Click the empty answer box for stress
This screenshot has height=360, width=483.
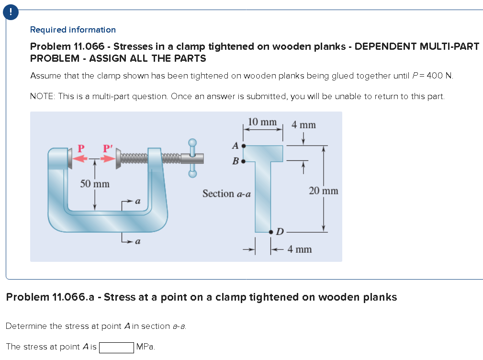pyautogui.click(x=116, y=347)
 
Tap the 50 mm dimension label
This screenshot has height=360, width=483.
pyautogui.click(x=94, y=184)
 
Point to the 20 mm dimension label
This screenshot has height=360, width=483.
pyautogui.click(x=323, y=191)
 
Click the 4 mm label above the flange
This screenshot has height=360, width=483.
pyautogui.click(x=304, y=124)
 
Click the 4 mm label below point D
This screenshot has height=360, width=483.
pyautogui.click(x=300, y=249)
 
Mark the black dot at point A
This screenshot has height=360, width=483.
pyautogui.click(x=244, y=145)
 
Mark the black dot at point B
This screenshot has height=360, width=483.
pyautogui.click(x=244, y=161)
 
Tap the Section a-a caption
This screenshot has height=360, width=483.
pyautogui.click(x=226, y=194)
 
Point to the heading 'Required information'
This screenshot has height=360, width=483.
pyautogui.click(x=73, y=30)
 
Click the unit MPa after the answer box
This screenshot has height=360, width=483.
pyautogui.click(x=146, y=347)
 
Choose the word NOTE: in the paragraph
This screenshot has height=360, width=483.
pyautogui.click(x=42, y=96)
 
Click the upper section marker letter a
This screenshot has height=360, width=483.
pyautogui.click(x=137, y=202)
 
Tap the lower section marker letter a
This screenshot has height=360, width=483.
pyautogui.click(x=137, y=242)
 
